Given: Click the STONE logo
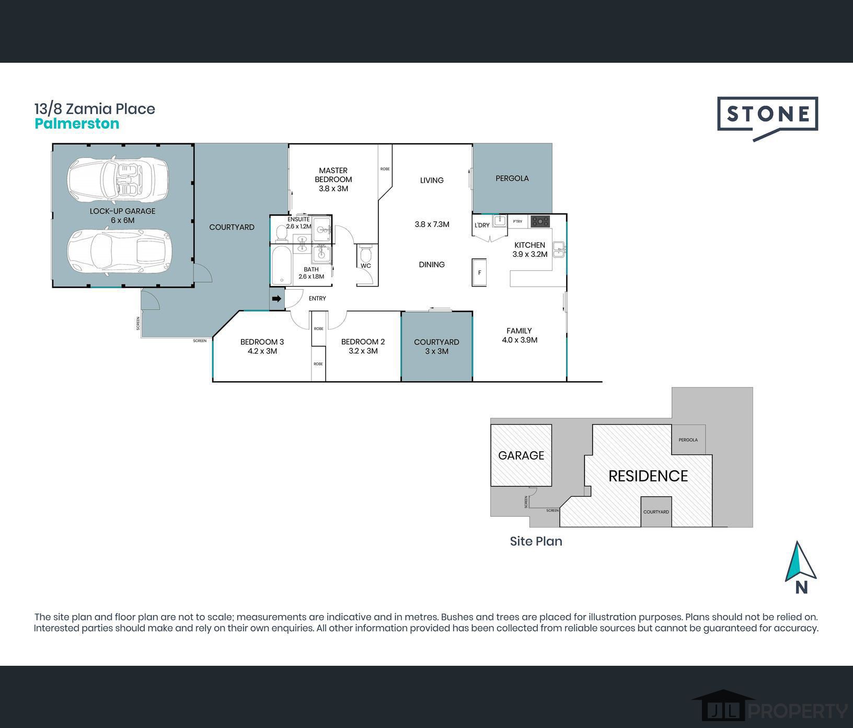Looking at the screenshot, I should (767, 114).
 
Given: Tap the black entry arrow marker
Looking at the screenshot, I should (276, 299).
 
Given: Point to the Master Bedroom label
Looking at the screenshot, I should (333, 179).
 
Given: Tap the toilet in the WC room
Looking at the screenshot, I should (365, 255).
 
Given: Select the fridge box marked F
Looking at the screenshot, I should (479, 272).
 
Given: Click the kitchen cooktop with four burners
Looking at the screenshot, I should (540, 221).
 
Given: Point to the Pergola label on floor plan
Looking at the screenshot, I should (512, 178).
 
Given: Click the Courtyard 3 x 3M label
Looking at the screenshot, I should (436, 346).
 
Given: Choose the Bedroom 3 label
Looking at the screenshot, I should (262, 346).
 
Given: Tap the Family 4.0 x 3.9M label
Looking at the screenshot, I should (519, 335).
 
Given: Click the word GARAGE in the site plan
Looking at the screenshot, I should (521, 456).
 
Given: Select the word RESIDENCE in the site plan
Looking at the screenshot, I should (648, 476).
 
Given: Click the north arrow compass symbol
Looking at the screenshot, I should (800, 563).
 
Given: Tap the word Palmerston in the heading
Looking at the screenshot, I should (77, 124).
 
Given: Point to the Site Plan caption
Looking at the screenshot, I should (536, 541).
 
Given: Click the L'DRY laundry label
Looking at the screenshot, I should (482, 225).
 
